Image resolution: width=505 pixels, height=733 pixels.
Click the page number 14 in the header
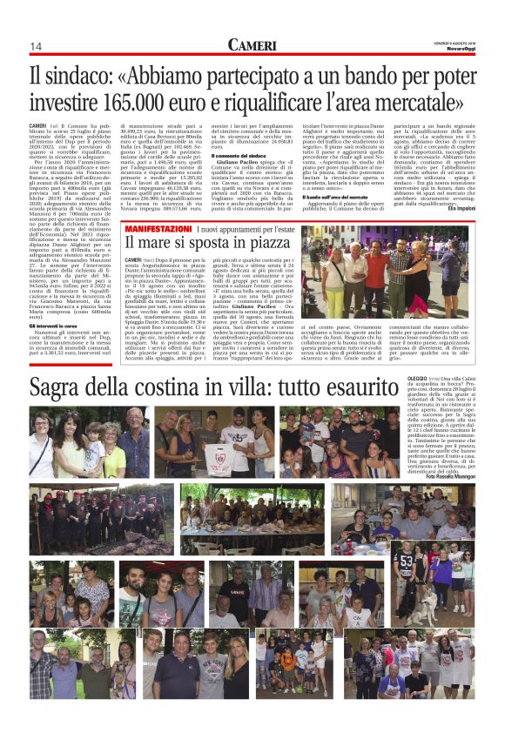click(x=37, y=46)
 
